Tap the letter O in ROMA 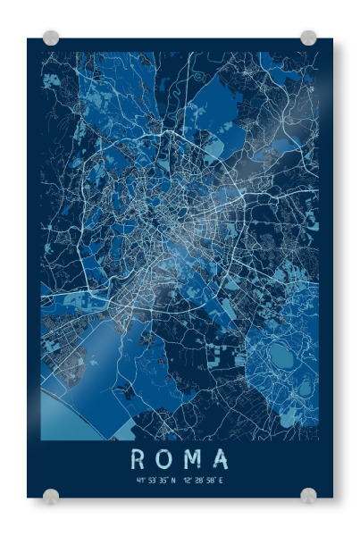(x=164, y=459)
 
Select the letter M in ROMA (x=192, y=459)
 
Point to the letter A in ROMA (x=220, y=459)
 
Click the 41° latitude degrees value (x=140, y=481)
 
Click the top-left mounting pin (x=51, y=38)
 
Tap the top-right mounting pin (x=308, y=38)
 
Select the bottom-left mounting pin (x=51, y=495)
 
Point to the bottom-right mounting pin (x=308, y=495)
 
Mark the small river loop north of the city (x=175, y=88)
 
